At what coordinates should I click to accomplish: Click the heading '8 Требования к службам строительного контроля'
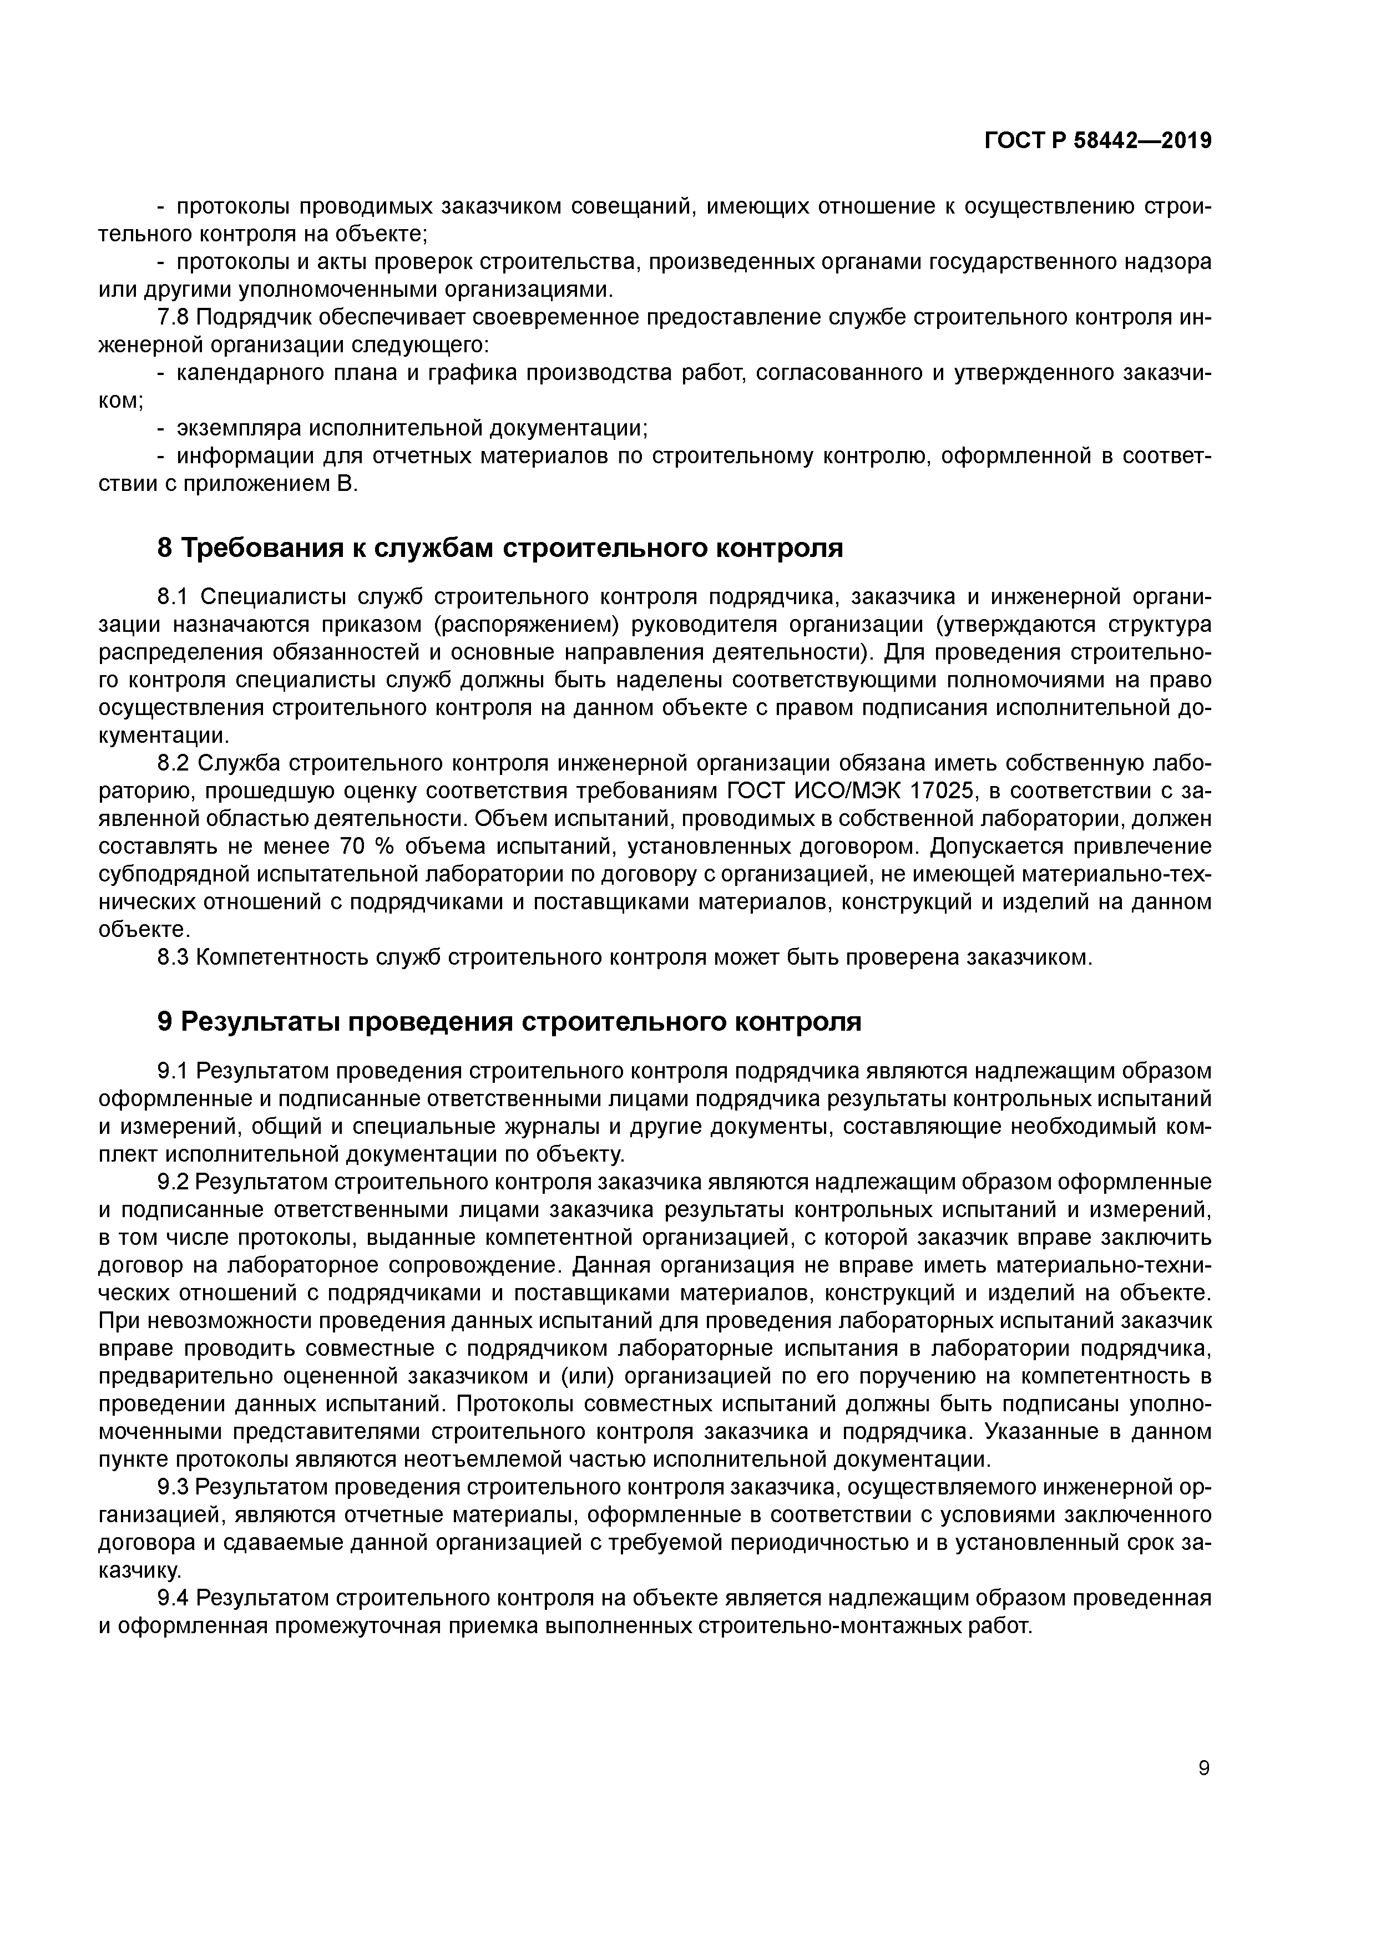coord(500,549)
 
